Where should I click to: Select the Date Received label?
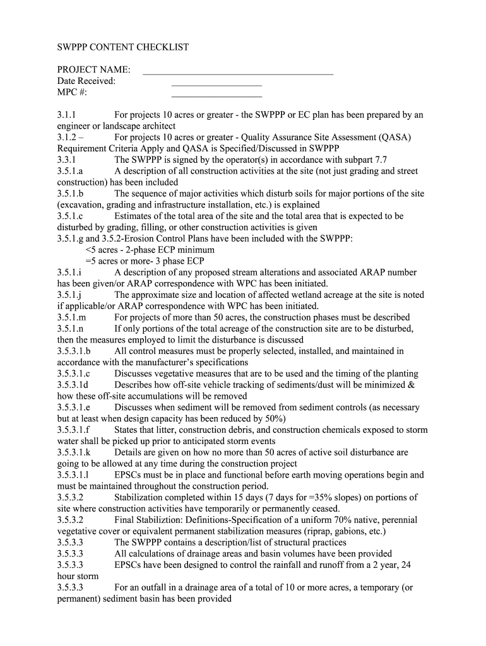86,81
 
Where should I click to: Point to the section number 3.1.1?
66,115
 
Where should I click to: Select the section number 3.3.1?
66,160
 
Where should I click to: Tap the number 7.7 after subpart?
380,160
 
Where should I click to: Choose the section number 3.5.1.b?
70,194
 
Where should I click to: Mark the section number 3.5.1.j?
69,295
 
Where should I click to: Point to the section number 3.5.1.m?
71,317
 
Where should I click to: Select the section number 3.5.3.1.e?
74,407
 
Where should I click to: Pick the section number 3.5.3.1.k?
74,452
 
